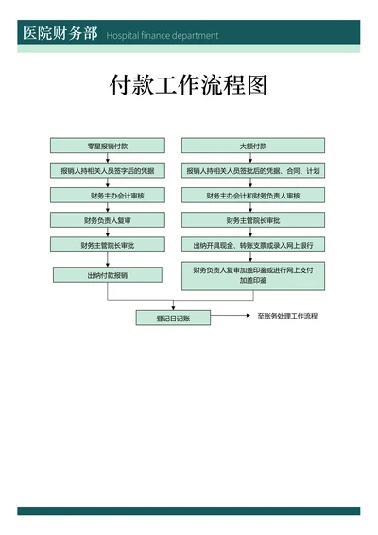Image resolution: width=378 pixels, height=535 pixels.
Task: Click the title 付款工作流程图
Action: tap(189, 86)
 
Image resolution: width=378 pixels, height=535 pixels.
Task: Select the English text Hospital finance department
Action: tap(162, 36)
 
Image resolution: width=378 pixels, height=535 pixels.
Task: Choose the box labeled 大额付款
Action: tap(252, 147)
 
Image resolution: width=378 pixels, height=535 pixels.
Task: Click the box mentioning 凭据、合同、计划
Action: tap(252, 171)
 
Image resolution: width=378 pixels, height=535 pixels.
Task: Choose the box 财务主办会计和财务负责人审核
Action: tap(252, 196)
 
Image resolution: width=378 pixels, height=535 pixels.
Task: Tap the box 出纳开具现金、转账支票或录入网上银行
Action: tap(252, 245)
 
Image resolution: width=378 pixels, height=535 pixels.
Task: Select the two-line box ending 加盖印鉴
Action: tap(252, 275)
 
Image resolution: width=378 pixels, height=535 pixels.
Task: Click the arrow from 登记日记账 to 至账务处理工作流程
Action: tap(231, 317)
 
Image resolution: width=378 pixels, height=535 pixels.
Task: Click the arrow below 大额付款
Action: tap(252, 159)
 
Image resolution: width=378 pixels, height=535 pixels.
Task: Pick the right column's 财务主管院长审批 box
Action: tap(252, 220)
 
